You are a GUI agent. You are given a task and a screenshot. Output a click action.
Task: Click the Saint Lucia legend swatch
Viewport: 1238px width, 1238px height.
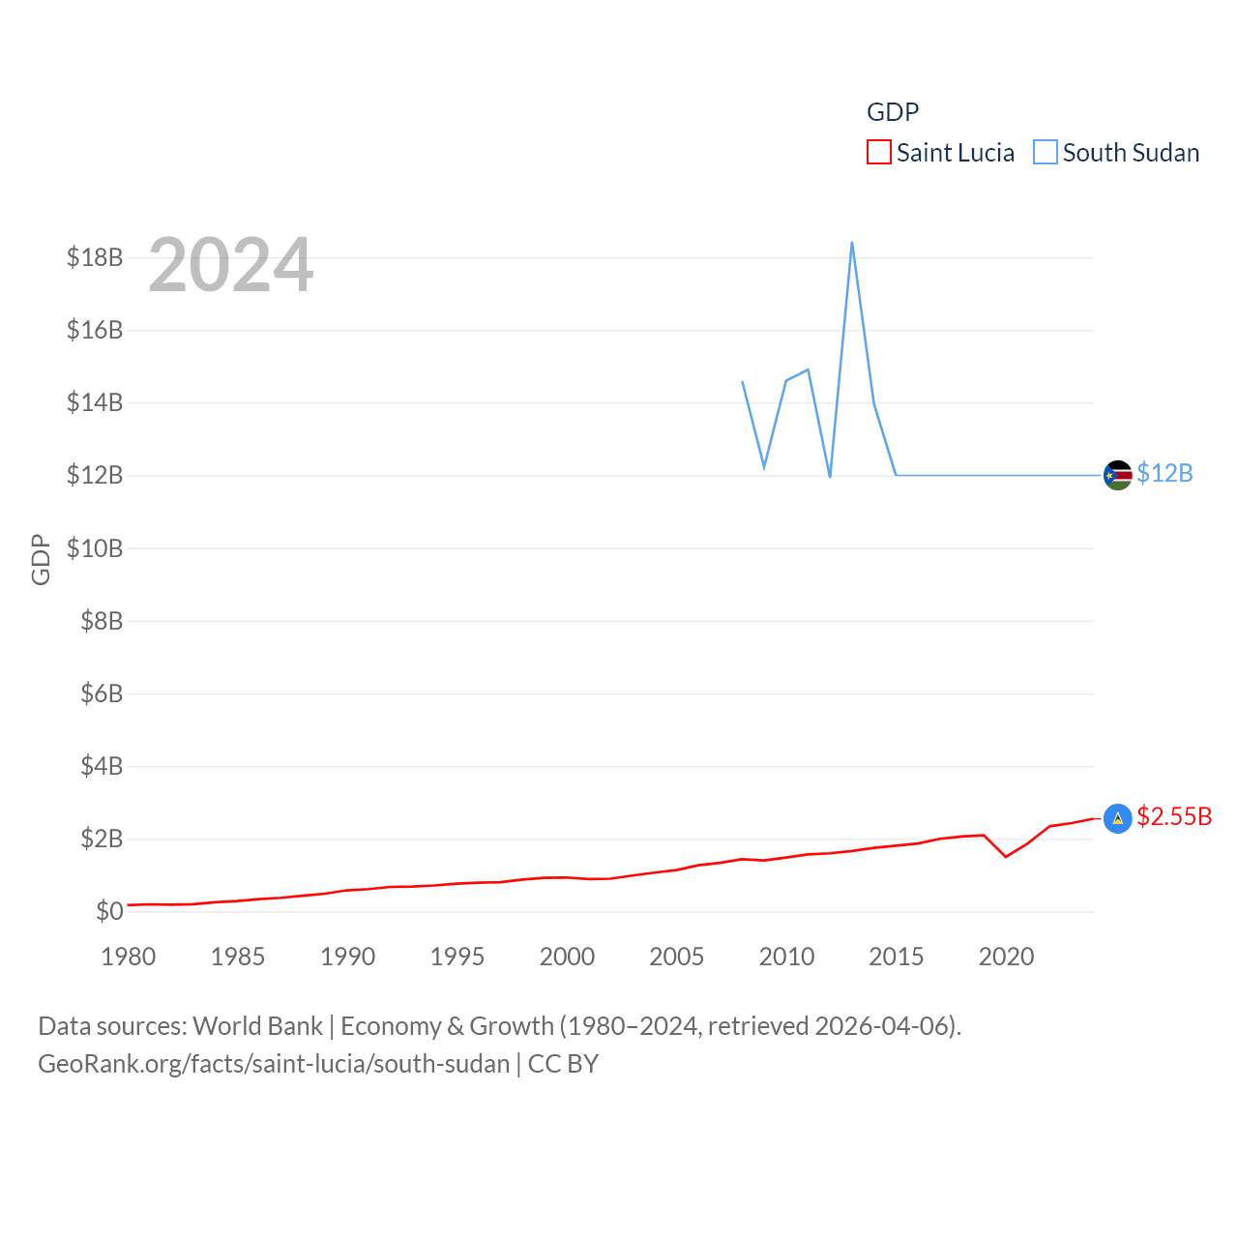878,153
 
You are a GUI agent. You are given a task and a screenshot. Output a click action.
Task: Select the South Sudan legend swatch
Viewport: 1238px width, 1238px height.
1046,153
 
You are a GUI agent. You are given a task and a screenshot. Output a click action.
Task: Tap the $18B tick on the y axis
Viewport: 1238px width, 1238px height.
95,257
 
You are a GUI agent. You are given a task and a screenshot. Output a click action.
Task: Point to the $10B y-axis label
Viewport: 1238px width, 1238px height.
95,548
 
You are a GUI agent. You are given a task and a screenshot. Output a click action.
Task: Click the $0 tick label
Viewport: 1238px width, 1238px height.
109,911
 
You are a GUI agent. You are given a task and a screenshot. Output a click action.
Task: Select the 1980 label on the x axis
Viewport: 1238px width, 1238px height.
129,957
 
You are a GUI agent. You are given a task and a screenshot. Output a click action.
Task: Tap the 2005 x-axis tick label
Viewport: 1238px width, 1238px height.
677,957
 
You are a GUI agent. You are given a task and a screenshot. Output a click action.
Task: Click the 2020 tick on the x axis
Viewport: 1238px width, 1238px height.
1006,957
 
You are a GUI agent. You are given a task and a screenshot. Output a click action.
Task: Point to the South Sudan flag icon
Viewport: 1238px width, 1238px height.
1118,475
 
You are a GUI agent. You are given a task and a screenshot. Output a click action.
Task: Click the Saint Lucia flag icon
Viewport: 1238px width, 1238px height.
1118,818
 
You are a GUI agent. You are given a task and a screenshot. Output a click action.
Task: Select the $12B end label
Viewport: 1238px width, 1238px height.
1164,473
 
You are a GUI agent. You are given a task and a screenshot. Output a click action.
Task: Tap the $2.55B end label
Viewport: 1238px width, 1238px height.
1174,816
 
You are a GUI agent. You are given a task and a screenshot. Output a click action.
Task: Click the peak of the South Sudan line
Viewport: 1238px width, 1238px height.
851,243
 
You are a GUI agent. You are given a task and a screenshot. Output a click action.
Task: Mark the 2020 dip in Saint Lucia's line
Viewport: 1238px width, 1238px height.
1006,856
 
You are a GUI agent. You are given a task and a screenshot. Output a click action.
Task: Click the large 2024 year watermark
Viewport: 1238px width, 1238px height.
231,264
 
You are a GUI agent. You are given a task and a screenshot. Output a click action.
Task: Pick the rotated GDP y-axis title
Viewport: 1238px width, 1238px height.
41,559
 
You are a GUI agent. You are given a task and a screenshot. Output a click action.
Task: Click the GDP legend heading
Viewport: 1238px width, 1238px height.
893,112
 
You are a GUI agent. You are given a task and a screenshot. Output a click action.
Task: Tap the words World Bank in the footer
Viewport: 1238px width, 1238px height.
258,1025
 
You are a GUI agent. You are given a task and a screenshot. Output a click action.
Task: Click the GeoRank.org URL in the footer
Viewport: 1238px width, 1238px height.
274,1064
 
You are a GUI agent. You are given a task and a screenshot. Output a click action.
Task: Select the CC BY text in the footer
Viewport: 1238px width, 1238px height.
563,1064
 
